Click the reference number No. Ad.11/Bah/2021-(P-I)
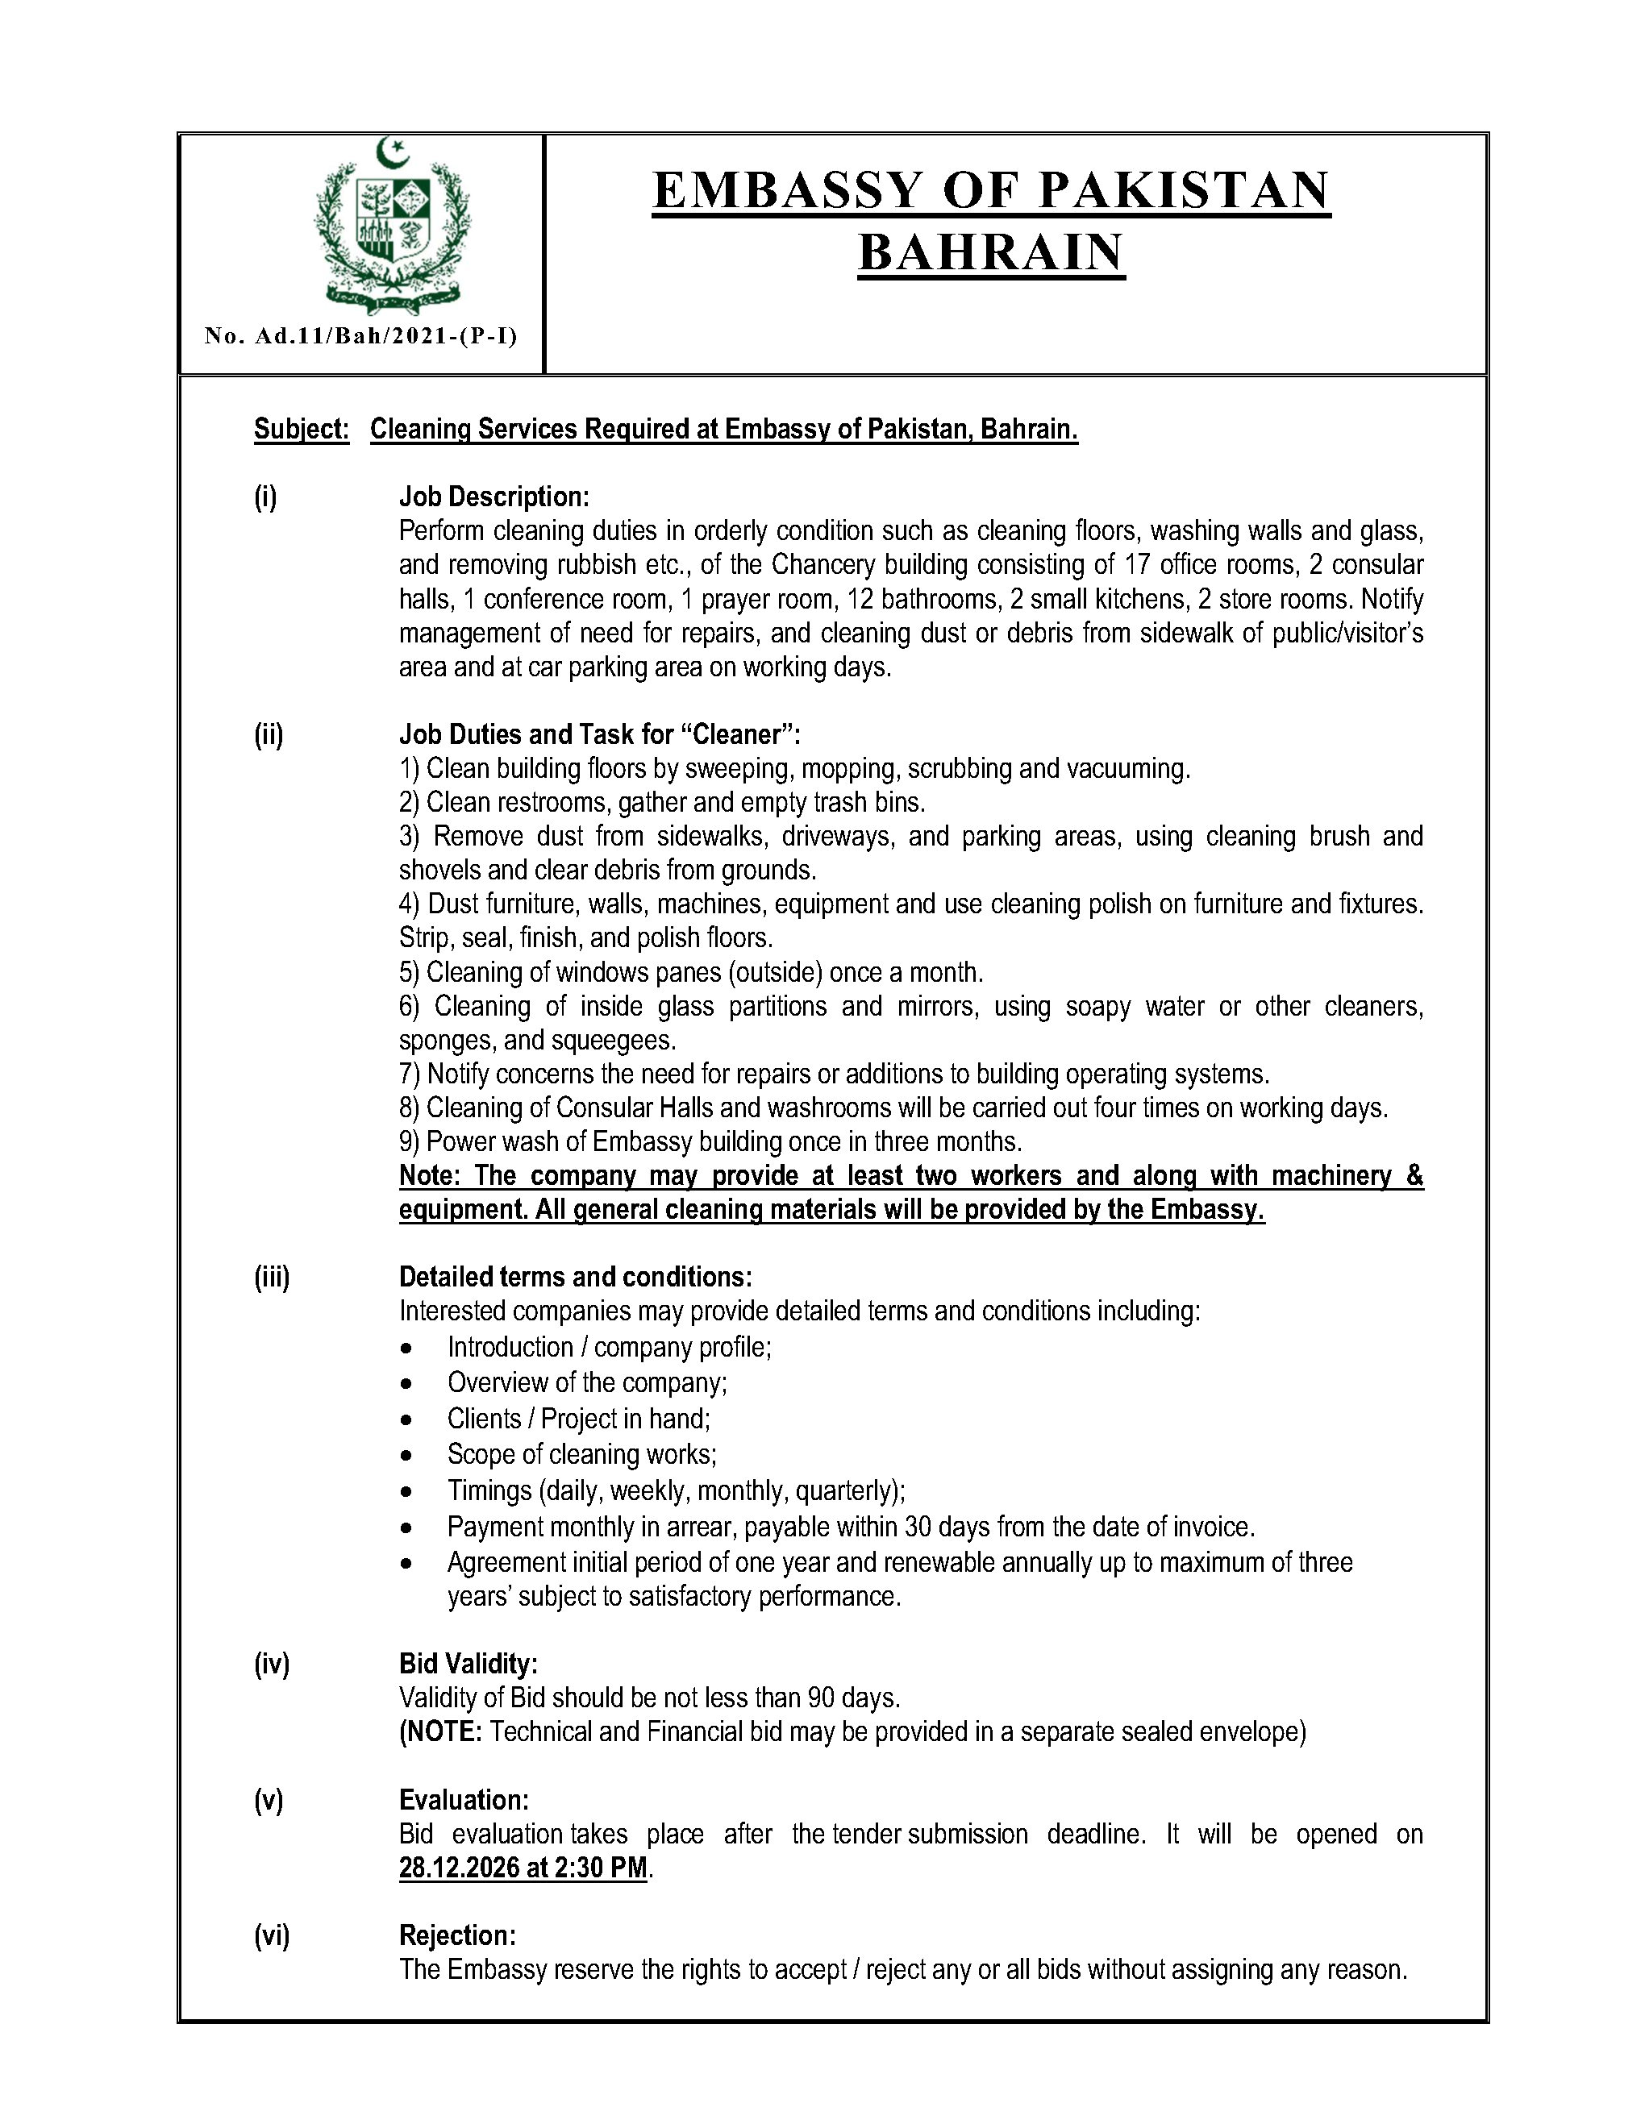click(360, 336)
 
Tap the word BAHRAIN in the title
click(991, 252)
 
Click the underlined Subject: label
click(301, 430)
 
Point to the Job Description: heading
click(494, 497)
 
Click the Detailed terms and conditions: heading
click(575, 1278)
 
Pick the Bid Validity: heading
click(468, 1663)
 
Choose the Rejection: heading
click(457, 1935)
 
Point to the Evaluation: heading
click(464, 1800)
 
